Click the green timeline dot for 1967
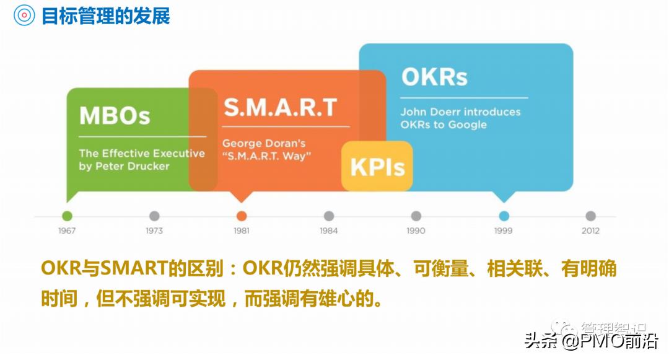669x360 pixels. [67, 216]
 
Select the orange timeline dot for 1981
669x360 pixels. [242, 216]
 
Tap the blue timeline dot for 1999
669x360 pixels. [504, 216]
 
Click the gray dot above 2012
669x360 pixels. [590, 216]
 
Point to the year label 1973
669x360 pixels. [154, 230]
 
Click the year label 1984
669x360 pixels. [328, 230]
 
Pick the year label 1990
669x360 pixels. [416, 230]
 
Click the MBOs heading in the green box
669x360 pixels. [115, 115]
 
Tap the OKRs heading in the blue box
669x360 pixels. [434, 77]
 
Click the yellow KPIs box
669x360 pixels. [377, 167]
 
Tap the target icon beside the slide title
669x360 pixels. [24, 15]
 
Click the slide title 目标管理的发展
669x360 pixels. [105, 15]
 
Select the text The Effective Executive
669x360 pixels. [142, 153]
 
